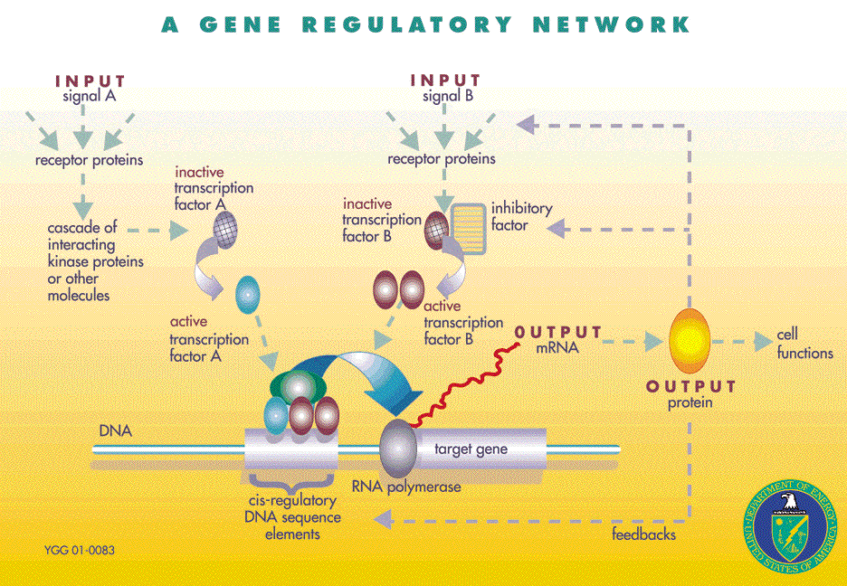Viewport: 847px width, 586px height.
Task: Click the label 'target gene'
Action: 471,449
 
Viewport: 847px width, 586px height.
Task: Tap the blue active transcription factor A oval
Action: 247,294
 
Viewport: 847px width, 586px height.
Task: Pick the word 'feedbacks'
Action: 643,534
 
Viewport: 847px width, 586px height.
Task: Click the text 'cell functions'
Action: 804,345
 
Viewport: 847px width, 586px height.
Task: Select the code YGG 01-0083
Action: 79,550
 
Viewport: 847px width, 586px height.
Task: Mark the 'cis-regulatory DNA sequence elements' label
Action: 292,517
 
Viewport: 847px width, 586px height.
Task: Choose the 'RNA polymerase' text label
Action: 413,487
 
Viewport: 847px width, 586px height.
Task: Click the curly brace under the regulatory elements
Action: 291,479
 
